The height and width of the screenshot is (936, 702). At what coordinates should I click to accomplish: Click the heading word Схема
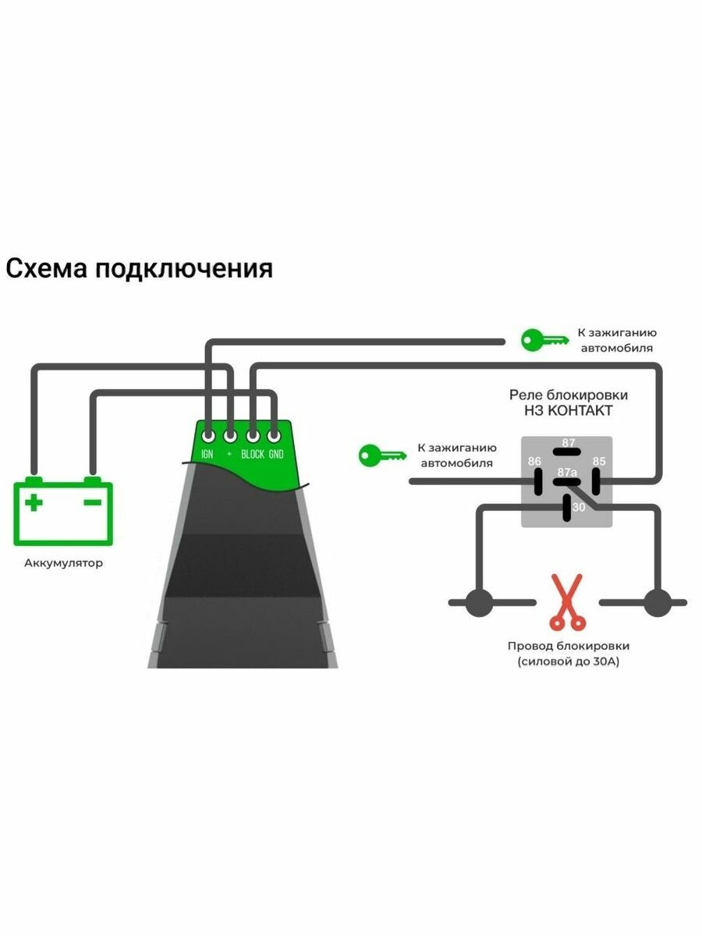click(46, 269)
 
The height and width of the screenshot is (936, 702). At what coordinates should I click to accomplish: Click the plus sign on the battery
click(34, 502)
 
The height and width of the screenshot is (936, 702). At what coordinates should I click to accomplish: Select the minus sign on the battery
click(92, 502)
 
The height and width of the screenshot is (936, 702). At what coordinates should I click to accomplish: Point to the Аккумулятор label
click(63, 562)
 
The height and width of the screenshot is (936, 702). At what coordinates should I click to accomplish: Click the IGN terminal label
click(207, 454)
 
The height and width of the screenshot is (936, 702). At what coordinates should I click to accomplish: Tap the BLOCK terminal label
click(253, 454)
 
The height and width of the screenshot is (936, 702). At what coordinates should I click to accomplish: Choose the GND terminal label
click(276, 454)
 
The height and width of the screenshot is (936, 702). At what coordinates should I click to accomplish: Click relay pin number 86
click(534, 461)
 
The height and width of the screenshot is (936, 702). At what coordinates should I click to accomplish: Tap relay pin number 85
click(599, 461)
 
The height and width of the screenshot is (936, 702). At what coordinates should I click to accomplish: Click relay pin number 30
click(578, 507)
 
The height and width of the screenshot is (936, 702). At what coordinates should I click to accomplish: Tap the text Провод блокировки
click(568, 646)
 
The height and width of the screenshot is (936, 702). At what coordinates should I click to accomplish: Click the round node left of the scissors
click(479, 602)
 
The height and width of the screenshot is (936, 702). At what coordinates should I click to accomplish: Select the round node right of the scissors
click(658, 602)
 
